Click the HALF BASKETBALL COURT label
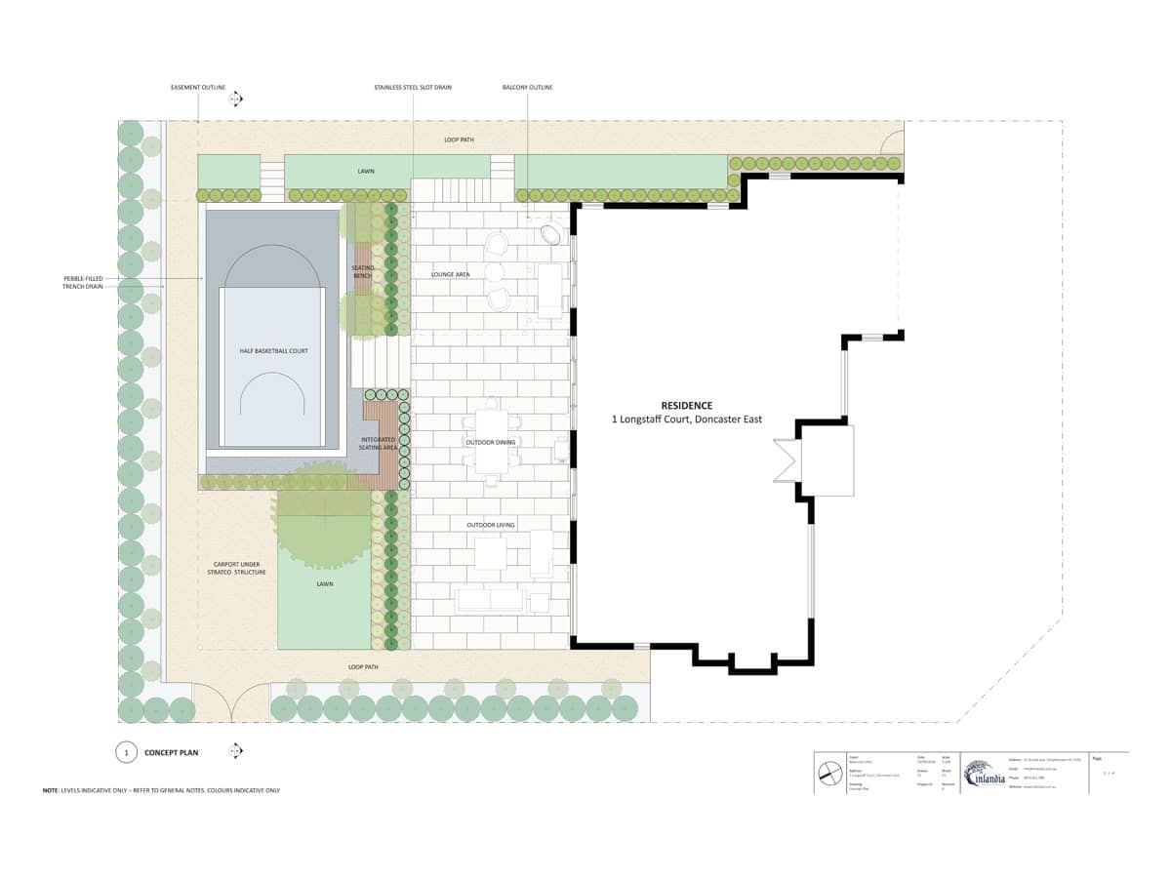pos(273,350)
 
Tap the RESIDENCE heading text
pos(687,405)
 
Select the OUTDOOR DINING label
pos(491,442)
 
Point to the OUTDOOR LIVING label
pos(491,525)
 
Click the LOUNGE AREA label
pos(451,275)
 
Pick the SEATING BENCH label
pos(363,271)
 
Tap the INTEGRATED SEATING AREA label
pos(378,444)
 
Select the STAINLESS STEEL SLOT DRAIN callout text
pos(413,88)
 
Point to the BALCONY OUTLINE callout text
pos(527,88)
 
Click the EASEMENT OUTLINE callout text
pos(198,88)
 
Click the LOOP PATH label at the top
pos(459,140)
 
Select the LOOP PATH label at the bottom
pos(363,667)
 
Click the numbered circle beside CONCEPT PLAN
pos(126,752)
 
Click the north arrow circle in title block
pos(830,773)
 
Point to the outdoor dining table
pos(490,444)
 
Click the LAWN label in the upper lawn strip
pos(366,171)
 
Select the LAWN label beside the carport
pos(325,584)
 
